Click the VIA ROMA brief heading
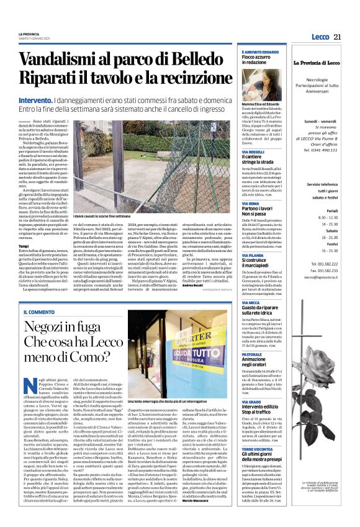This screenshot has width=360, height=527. pyautogui.click(x=250, y=204)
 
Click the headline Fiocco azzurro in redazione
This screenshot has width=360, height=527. pyautogui.click(x=256, y=60)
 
